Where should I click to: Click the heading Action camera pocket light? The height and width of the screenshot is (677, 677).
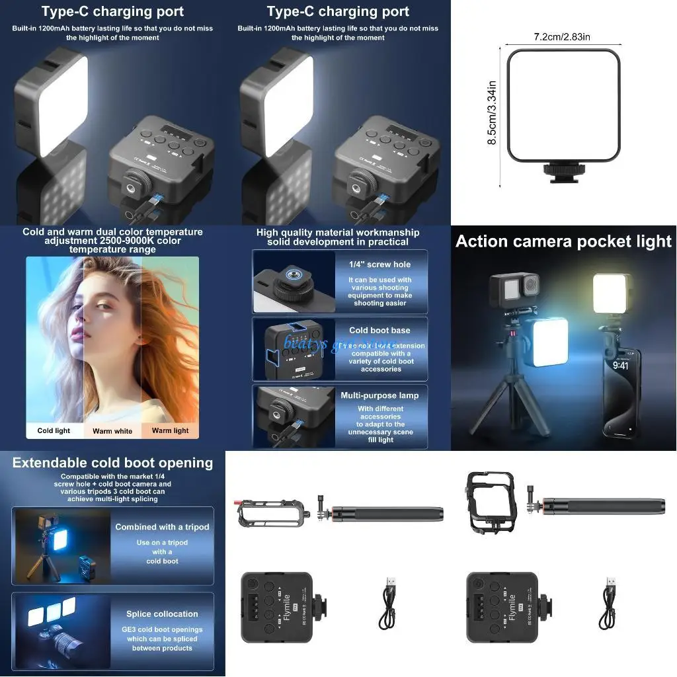pyautogui.click(x=563, y=241)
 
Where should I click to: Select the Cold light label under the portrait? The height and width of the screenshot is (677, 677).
pyautogui.click(x=54, y=430)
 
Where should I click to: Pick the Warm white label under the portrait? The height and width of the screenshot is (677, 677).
pyautogui.click(x=112, y=431)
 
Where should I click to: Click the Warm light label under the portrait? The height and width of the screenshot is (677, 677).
pyautogui.click(x=170, y=430)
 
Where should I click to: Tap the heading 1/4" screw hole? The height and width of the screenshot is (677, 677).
pyautogui.click(x=379, y=264)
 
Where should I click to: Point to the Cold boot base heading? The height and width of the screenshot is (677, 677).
pyautogui.click(x=379, y=331)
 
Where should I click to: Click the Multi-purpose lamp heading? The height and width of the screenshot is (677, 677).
pyautogui.click(x=379, y=395)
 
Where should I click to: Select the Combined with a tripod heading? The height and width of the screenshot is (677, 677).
pyautogui.click(x=162, y=527)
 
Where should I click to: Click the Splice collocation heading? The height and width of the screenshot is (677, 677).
pyautogui.click(x=162, y=614)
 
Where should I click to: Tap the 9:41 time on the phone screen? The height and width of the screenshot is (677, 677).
pyautogui.click(x=620, y=365)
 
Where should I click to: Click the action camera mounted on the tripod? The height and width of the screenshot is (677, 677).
pyautogui.click(x=512, y=289)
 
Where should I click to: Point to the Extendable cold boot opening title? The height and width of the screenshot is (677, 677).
pyautogui.click(x=112, y=463)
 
